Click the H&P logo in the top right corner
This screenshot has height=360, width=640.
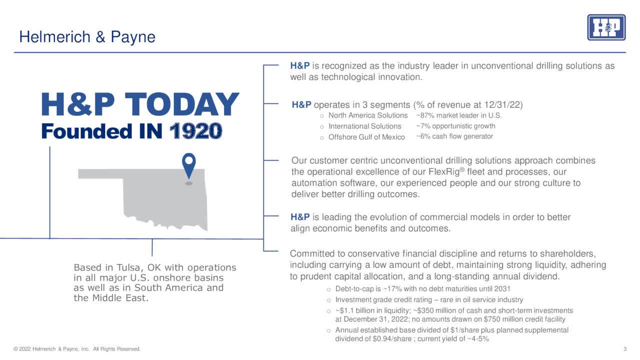pos(606,27)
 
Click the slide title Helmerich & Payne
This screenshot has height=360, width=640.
pos(87,37)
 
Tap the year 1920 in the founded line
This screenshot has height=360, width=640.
pos(195,131)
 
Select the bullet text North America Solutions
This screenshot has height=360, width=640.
pos(368,115)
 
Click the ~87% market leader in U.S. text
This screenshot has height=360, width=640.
pos(458,115)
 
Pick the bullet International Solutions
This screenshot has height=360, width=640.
pos(364,126)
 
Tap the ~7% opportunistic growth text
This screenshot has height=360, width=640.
pos(455,126)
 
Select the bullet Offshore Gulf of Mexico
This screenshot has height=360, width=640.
pos(366,137)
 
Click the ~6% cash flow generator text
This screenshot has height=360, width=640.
pos(454,136)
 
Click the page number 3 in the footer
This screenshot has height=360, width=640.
pos(625,349)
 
